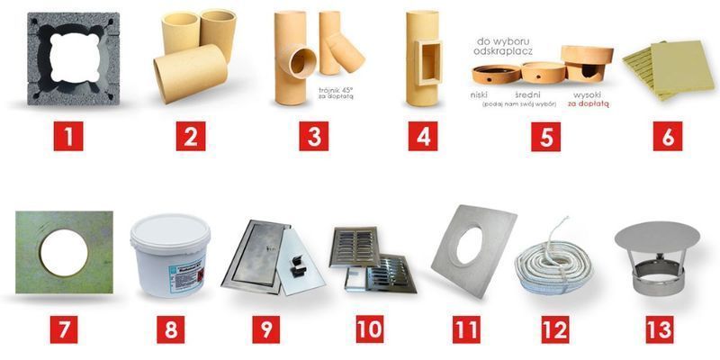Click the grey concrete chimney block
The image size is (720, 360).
point(73,58)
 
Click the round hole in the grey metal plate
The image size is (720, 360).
point(469,242)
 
